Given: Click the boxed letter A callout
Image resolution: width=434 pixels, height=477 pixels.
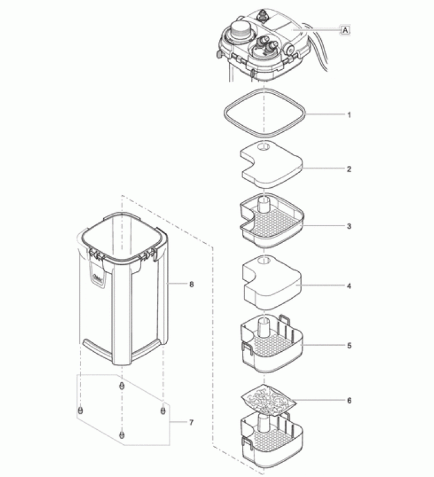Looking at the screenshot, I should (x=345, y=28).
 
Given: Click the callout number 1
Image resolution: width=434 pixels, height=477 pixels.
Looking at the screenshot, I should (x=349, y=113).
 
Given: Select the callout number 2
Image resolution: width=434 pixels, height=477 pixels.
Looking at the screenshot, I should (x=349, y=169).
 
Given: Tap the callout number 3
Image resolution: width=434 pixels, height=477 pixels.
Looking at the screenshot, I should (x=349, y=227).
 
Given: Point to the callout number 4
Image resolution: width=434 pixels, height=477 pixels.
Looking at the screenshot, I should (x=349, y=286).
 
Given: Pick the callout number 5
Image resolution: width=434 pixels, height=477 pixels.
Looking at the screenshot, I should (x=349, y=345).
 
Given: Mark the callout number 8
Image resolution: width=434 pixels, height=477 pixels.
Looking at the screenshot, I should (x=191, y=284).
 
